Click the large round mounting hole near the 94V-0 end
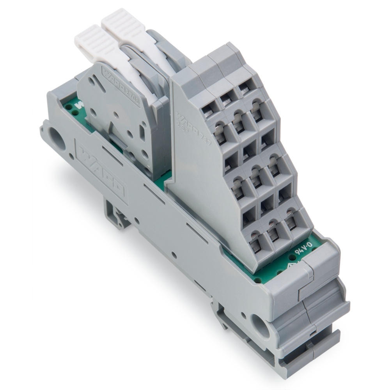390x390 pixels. [x=259, y=323]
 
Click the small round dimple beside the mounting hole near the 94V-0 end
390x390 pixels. [x=243, y=314]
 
